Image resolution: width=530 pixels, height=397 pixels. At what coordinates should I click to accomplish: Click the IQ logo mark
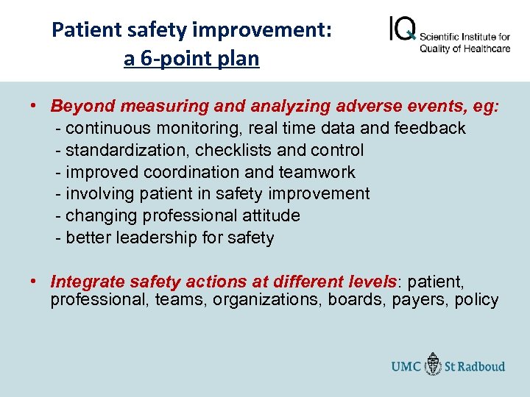[402, 29]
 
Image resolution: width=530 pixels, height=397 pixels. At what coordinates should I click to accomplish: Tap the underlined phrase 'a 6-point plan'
[191, 59]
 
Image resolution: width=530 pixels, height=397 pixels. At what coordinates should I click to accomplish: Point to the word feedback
[430, 129]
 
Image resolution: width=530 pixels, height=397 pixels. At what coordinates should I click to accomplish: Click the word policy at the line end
[476, 300]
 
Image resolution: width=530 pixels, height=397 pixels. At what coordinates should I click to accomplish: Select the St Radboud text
[476, 366]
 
